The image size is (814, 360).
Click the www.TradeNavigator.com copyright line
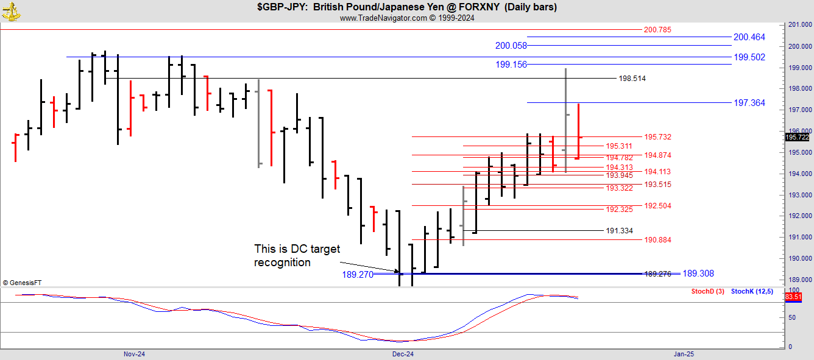point(406,18)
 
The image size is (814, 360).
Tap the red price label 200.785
point(657,29)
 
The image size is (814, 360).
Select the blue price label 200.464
point(749,37)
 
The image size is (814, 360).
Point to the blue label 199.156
point(511,65)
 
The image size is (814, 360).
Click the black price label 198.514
point(632,79)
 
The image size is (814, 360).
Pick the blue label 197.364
point(749,103)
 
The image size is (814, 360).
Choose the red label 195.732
point(657,137)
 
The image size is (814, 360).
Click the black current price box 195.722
point(797,137)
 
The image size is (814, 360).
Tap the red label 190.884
point(657,240)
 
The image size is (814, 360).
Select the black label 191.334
point(619,231)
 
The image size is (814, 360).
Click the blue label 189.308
point(698,274)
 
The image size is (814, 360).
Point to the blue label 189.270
point(358,275)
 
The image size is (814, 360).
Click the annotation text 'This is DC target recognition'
point(297,256)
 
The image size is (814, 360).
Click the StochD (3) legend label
point(707,291)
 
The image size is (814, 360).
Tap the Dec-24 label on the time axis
point(403,353)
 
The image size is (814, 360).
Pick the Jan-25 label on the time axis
point(683,353)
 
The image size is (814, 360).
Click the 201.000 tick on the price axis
point(798,25)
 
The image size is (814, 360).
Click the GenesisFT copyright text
point(22,283)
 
